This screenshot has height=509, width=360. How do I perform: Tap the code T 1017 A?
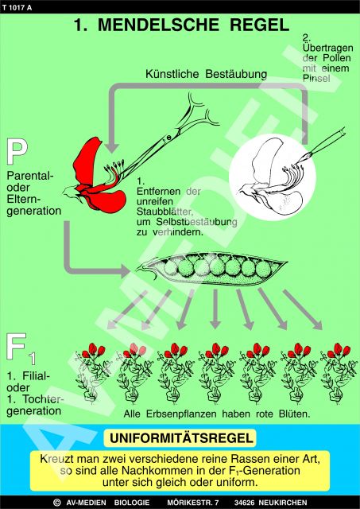click(x=17, y=8)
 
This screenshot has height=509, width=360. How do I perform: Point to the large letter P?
click(x=17, y=152)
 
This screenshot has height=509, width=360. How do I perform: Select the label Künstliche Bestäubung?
click(x=207, y=74)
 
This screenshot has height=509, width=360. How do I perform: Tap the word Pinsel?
click(x=316, y=78)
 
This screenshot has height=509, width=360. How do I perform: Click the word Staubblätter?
click(x=165, y=212)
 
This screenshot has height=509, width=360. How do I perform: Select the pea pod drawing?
click(x=211, y=269)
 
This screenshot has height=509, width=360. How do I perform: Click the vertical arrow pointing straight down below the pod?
click(x=215, y=309)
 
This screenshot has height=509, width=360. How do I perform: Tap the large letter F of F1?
click(x=16, y=347)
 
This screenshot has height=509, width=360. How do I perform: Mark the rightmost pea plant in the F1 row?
click(x=339, y=373)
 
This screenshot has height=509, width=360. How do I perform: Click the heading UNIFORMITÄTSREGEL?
click(x=181, y=438)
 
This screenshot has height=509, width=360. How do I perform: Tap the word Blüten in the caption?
click(x=294, y=414)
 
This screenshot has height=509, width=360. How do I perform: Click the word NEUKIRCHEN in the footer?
click(x=283, y=503)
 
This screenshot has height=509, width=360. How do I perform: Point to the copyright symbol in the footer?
click(x=56, y=503)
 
